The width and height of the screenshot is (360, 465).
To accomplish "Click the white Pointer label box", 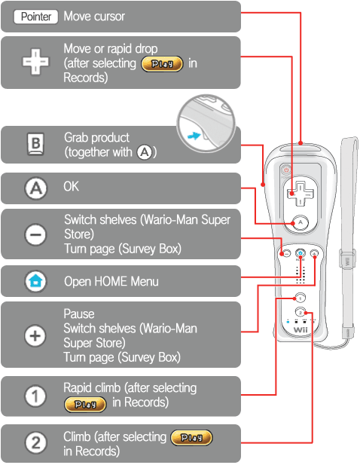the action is pos(36,17).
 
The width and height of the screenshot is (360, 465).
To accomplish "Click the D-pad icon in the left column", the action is pos(35,62).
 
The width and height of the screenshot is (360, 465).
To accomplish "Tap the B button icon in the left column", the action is pos(35,144).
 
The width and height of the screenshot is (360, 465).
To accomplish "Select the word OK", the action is pos(71,187).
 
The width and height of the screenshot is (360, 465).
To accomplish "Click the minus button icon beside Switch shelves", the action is pos(35,235).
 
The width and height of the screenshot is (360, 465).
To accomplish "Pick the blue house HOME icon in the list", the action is pos(35,281).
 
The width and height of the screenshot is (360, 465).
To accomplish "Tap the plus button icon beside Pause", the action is pos(35,336).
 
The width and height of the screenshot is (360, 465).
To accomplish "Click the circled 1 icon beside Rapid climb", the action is pos(35,396).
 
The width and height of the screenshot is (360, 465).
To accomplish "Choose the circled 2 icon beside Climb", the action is pos(35,443).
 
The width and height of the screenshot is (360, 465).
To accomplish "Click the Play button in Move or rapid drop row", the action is pos(162,64).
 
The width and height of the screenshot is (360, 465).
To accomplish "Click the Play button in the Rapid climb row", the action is pos(85,404).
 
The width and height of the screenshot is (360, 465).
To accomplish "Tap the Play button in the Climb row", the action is pos(192,437).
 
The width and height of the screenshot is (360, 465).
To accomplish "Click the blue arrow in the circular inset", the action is pos(194,136).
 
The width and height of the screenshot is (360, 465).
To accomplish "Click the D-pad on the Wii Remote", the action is pos(300,194).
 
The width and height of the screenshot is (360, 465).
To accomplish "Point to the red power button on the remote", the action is pos(286,170).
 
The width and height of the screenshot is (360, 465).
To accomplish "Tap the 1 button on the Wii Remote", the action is pos(301,298).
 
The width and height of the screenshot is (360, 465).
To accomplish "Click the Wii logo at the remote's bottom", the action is pos(301,330).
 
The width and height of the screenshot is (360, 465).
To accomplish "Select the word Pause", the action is pos(79,314).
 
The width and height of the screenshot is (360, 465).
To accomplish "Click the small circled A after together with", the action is pos(145,152).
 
